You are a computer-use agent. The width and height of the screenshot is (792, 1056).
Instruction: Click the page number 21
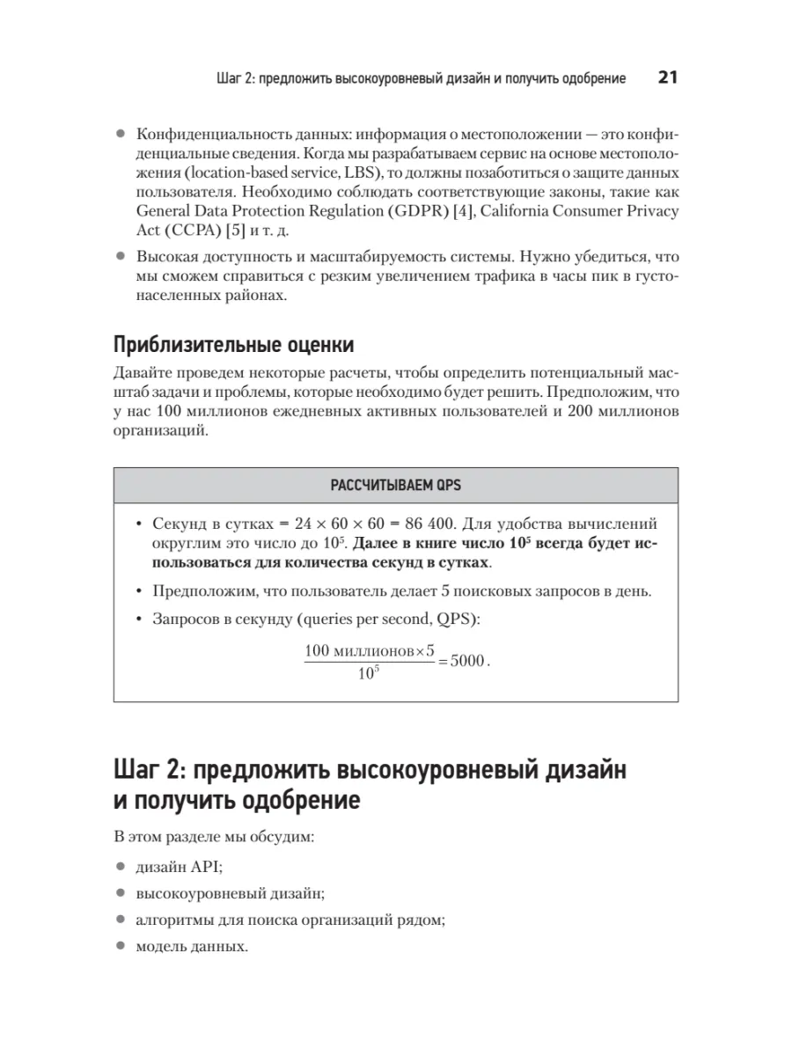667,77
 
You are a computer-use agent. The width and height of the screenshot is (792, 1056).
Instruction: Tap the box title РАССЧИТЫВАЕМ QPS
395,485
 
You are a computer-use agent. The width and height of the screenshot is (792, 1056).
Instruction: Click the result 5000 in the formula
466,661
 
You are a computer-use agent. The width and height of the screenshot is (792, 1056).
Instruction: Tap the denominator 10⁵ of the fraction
369,676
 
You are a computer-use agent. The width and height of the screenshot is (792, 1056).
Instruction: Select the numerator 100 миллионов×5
370,651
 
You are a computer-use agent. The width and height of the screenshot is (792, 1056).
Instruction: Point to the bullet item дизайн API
180,866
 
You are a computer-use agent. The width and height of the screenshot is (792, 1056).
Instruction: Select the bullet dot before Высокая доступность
121,257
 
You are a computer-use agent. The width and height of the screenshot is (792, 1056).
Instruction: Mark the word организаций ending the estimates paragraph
161,431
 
